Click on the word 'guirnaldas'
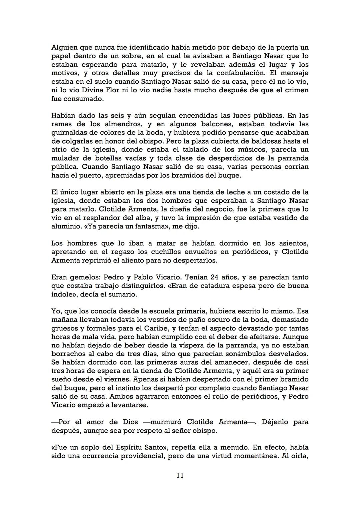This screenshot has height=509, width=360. point(69,133)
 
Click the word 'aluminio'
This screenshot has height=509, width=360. point(65,226)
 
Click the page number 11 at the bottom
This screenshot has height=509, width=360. point(180,475)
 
